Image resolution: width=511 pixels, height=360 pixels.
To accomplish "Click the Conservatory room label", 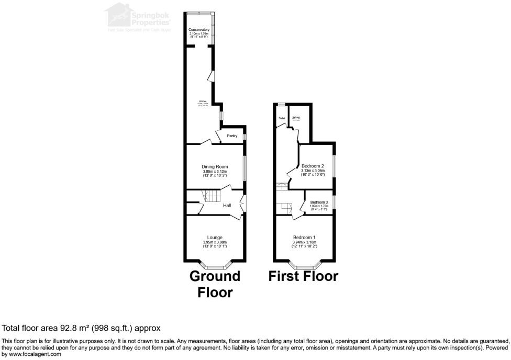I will (199, 30).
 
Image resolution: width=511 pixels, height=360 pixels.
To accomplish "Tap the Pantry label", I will (232, 136).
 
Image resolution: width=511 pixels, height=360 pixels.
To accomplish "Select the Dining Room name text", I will (215, 167).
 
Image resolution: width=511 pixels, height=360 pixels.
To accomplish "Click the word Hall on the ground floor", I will (227, 206).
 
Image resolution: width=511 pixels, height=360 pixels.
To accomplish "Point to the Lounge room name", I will (215, 238).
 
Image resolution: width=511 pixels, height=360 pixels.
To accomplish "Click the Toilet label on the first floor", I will (282, 119).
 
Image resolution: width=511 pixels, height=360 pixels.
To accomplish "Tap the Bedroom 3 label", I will (319, 203).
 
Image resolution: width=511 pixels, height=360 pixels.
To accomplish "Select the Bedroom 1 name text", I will (304, 238).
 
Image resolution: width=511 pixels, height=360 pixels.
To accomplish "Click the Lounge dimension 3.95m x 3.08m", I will (215, 242).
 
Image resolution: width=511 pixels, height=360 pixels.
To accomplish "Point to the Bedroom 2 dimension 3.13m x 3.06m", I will (313, 171).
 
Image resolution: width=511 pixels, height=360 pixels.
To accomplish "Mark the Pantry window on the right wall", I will (245, 137).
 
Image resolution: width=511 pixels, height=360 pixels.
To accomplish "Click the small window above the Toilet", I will (281, 105).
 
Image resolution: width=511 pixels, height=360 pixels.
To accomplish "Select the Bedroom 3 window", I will (334, 202).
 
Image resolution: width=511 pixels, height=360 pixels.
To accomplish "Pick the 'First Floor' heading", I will (303, 276).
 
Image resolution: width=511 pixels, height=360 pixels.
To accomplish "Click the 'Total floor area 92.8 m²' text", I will (81, 328).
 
